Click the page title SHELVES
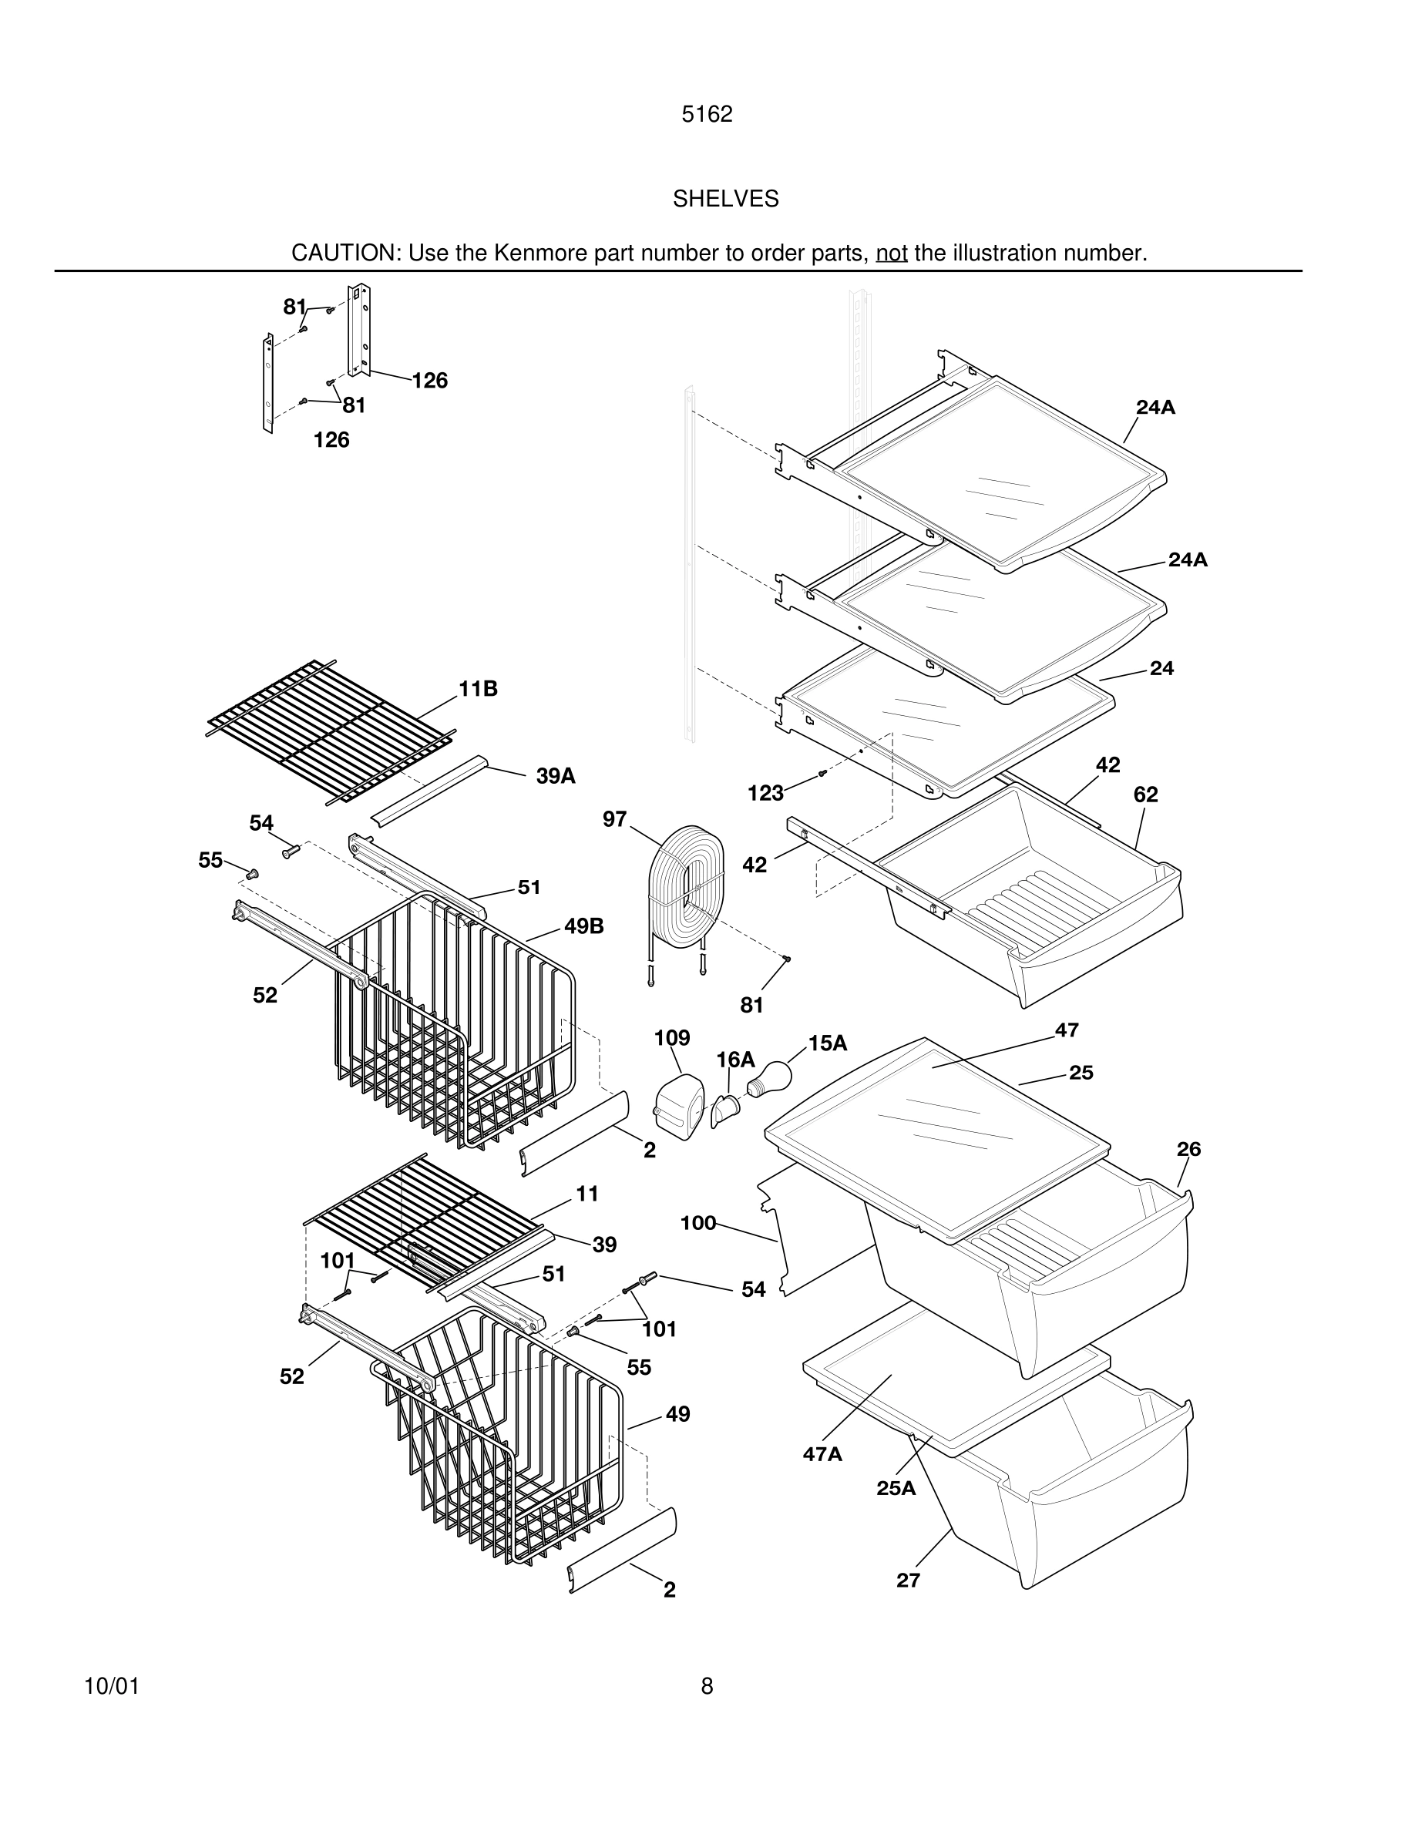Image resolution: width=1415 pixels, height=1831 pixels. click(725, 199)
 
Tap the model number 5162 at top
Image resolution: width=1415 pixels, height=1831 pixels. click(707, 114)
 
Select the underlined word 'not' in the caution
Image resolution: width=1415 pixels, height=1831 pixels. click(891, 252)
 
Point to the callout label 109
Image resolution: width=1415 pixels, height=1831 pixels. click(671, 1038)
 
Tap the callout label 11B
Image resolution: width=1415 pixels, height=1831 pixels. click(478, 688)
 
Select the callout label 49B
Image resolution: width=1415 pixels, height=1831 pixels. click(583, 926)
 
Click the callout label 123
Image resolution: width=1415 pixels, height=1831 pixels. click(765, 793)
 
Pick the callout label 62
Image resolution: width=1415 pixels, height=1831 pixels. click(1145, 794)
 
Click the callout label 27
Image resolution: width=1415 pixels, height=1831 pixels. click(908, 1581)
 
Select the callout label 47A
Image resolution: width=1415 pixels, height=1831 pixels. click(822, 1453)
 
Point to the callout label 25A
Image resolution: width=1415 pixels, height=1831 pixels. click(896, 1488)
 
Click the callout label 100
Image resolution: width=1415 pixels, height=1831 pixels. click(697, 1223)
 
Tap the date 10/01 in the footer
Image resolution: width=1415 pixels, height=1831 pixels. click(112, 1686)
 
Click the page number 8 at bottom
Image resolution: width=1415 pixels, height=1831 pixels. click(707, 1686)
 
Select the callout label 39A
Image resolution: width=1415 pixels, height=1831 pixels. click(556, 775)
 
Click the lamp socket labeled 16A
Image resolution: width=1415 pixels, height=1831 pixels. click(726, 1113)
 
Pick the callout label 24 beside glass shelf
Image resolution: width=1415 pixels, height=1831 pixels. click(1161, 668)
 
